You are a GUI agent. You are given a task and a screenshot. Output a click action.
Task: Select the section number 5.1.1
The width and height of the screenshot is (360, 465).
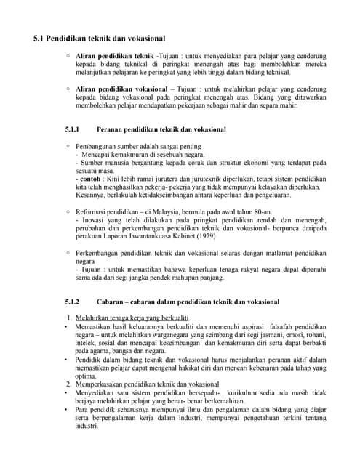pos(71,129)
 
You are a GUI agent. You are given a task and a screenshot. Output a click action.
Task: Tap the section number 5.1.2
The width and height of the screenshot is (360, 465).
pos(71,301)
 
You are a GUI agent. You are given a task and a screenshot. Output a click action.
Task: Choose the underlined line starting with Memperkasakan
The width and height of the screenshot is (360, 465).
pos(147,384)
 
